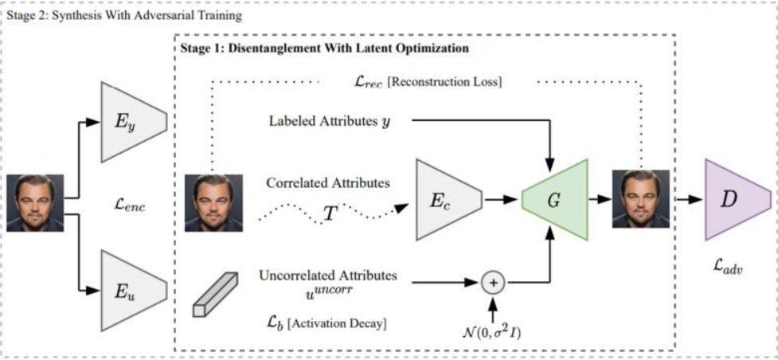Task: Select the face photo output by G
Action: click(640, 199)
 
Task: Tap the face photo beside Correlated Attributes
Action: click(213, 202)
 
